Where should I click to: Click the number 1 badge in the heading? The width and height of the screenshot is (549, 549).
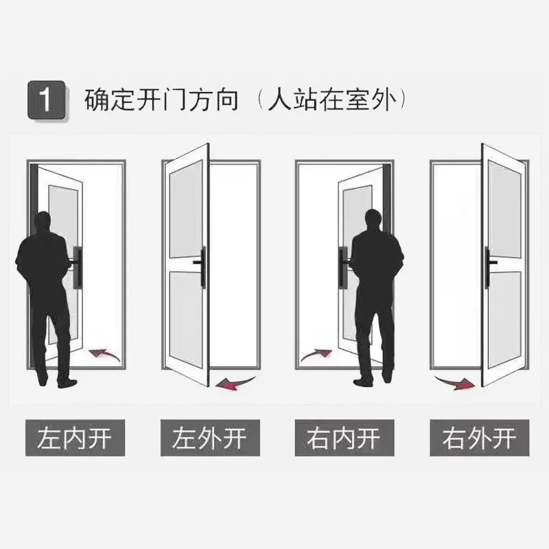47,100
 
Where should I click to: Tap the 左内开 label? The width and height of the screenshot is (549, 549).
75,438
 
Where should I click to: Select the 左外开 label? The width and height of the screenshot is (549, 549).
210,438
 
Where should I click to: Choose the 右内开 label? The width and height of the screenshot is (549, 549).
344,438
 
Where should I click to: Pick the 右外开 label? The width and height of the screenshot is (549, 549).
480,438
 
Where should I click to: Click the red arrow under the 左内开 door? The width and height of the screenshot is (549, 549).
104,354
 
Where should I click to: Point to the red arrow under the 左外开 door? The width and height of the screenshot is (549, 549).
235,383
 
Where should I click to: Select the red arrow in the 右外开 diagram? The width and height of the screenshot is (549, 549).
454,383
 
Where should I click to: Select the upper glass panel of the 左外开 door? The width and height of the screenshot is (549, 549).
186,209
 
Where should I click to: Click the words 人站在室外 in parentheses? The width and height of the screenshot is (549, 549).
332,100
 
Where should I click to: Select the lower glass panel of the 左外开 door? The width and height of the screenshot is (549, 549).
186,319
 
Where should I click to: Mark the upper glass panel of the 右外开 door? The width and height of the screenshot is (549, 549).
505,209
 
